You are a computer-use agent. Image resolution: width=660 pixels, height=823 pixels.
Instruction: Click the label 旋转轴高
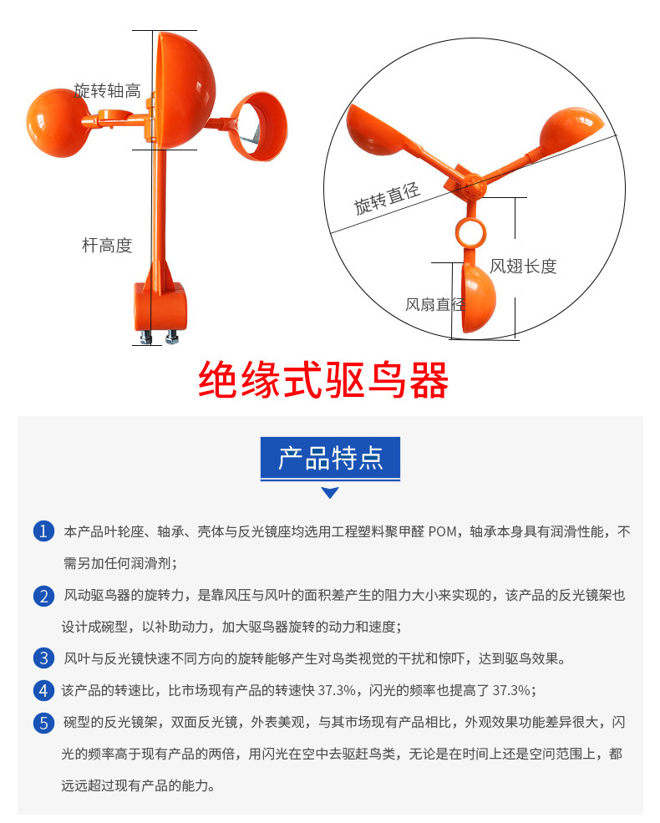[x=107, y=91]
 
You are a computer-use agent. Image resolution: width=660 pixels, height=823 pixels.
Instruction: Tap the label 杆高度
[x=107, y=246]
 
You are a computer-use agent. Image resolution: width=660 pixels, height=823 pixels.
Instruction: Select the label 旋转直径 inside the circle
[x=387, y=198]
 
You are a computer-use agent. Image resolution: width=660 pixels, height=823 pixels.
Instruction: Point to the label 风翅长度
[x=523, y=267]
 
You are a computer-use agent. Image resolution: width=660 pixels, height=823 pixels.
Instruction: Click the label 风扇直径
[x=434, y=304]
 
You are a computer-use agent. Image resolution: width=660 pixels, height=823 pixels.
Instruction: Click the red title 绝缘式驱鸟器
[x=323, y=380]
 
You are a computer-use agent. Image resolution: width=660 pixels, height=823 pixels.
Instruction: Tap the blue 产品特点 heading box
[x=330, y=458]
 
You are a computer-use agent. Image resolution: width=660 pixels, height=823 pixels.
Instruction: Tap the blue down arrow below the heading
[x=330, y=493]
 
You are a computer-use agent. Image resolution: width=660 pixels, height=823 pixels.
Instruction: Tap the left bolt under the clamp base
[x=147, y=336]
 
